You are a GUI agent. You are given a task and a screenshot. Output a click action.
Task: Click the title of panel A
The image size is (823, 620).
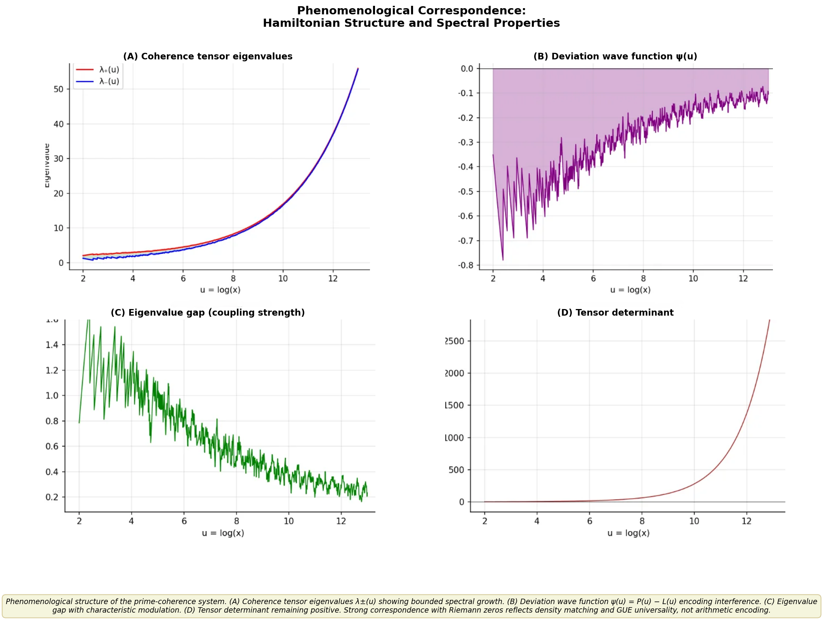point(208,56)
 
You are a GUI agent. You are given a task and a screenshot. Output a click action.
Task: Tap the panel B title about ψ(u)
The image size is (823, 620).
point(615,56)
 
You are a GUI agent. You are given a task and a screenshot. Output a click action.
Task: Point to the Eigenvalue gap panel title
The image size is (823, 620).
point(208,313)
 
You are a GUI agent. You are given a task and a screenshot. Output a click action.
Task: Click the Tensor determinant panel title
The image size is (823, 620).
point(615,313)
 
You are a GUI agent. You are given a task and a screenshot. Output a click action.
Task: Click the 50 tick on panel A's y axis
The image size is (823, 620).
point(58,89)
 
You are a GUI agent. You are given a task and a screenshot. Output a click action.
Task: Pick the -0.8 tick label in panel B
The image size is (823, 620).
point(466,266)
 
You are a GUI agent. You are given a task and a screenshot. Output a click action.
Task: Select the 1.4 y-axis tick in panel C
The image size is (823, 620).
point(52,345)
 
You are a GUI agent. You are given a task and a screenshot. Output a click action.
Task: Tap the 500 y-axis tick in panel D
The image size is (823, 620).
point(456,470)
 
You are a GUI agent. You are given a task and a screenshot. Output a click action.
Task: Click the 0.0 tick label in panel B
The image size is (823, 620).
point(467,69)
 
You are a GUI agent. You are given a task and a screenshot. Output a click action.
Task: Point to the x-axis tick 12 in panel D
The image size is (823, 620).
point(746,521)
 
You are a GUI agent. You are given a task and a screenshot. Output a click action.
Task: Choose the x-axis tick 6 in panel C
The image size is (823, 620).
point(184,521)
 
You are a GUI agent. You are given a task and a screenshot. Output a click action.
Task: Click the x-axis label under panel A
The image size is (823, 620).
point(220,290)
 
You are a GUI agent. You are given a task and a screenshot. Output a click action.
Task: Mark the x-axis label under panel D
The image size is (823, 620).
point(628,533)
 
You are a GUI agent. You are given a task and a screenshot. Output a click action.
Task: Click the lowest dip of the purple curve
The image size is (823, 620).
point(503,259)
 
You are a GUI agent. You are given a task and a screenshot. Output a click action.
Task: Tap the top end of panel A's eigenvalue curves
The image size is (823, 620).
point(358,69)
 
